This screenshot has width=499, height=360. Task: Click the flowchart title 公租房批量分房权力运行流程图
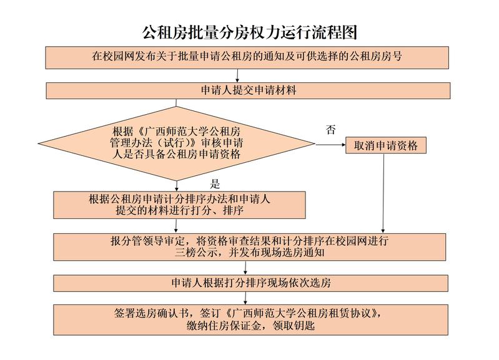coord(250,32)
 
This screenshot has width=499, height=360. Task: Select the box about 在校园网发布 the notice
coord(247,57)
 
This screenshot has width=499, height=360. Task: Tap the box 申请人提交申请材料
coord(248,90)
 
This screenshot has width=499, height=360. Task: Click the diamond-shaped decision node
coord(177,144)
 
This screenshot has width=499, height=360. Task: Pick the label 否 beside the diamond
coord(330,129)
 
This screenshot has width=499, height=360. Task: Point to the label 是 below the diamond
coord(215,184)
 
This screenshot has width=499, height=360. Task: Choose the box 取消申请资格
coord(386,145)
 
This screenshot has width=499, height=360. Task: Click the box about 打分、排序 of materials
coord(179,205)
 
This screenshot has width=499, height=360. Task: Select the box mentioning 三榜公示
coord(250,247)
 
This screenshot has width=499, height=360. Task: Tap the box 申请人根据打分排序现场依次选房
coord(251,283)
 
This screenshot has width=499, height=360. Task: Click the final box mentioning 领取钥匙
coord(251,320)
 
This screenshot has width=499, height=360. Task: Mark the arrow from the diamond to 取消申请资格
coord(330,144)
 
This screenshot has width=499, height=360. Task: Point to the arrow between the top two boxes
coord(237,75)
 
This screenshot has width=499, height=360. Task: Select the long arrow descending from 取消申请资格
coord(383,193)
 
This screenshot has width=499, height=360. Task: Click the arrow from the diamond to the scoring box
coord(177,186)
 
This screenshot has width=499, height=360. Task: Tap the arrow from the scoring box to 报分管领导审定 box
coord(176,226)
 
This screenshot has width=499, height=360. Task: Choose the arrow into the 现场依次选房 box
coord(245,268)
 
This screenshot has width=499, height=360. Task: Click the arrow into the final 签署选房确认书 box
coord(245,298)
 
